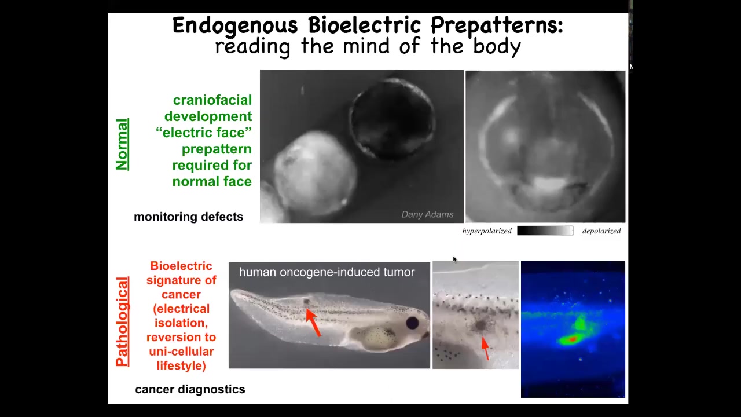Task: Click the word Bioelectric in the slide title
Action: [364, 25]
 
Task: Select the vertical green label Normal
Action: [122, 144]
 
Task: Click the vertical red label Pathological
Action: [122, 321]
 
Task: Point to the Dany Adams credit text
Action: [427, 214]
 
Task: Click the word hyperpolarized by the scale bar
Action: [487, 231]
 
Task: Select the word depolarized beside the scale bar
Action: [601, 231]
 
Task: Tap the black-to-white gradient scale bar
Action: [545, 231]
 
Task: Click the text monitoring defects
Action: [189, 217]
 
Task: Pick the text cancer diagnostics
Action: [190, 389]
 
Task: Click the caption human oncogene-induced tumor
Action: [327, 272]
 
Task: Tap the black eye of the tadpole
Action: [412, 323]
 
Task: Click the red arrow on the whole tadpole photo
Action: [313, 323]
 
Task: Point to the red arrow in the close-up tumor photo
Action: [485, 348]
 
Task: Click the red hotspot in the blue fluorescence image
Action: [573, 339]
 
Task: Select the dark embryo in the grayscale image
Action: [392, 119]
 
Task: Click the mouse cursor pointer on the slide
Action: [455, 259]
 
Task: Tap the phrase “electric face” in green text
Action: [204, 133]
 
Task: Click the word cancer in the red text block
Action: [181, 295]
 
